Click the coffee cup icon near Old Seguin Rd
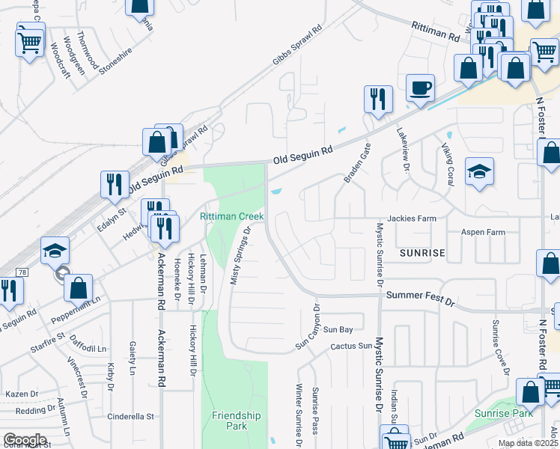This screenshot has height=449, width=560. [420, 88]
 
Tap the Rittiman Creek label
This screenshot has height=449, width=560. [231, 216]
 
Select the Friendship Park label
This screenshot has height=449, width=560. [236, 421]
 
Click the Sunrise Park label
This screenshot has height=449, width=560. [504, 413]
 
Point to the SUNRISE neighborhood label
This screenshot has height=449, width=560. [422, 254]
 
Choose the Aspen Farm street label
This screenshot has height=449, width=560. [483, 232]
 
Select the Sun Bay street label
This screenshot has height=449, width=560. [337, 329]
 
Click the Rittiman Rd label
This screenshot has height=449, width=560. [434, 31]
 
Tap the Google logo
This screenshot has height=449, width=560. [24, 440]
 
